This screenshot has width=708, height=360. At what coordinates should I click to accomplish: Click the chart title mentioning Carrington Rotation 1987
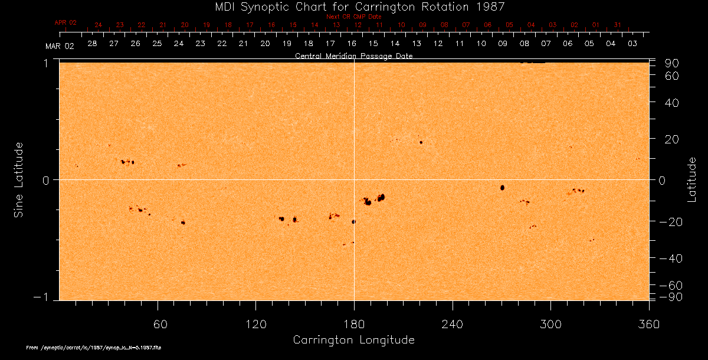click(353, 6)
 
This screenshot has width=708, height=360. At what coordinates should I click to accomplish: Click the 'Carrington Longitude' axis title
click(353, 340)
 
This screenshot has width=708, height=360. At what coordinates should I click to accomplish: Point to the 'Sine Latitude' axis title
click(19, 179)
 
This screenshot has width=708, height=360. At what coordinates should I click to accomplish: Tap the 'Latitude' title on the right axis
click(691, 179)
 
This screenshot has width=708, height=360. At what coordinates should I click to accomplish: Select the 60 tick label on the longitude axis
click(158, 325)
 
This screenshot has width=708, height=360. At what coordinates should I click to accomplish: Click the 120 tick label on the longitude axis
click(256, 325)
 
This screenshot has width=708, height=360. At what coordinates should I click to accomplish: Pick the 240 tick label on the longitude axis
click(452, 325)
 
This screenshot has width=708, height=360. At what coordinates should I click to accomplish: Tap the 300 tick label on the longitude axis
click(550, 325)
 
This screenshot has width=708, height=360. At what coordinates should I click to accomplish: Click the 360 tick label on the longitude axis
click(648, 325)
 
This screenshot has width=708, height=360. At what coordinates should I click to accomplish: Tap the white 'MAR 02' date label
click(60, 46)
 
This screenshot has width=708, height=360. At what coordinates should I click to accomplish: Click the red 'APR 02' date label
click(65, 22)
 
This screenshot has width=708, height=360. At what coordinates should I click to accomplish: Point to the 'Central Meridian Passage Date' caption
click(353, 56)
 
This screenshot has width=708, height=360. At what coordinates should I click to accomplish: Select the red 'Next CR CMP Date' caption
click(353, 17)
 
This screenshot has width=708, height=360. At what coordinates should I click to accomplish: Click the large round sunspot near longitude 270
click(502, 188)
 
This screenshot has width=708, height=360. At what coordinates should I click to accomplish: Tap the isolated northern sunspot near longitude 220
click(421, 142)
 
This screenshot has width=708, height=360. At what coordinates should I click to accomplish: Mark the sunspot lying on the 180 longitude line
click(354, 222)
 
